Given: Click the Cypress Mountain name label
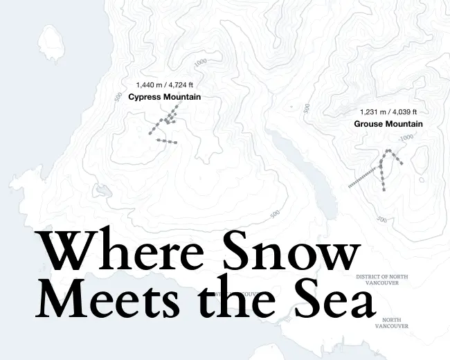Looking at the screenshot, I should click(x=164, y=97).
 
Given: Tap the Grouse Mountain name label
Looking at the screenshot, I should click(x=388, y=124).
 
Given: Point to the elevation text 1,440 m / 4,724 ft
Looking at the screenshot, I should click(x=164, y=85).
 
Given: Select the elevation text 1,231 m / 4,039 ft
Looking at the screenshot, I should click(x=388, y=112).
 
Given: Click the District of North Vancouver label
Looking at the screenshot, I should click(x=381, y=280).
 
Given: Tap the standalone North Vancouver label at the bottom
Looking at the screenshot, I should click(x=395, y=323).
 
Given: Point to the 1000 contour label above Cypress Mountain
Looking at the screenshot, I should click(x=201, y=62).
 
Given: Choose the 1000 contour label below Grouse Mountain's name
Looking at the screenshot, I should click(x=406, y=137).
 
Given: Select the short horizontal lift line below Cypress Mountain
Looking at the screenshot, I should click(x=167, y=141).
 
